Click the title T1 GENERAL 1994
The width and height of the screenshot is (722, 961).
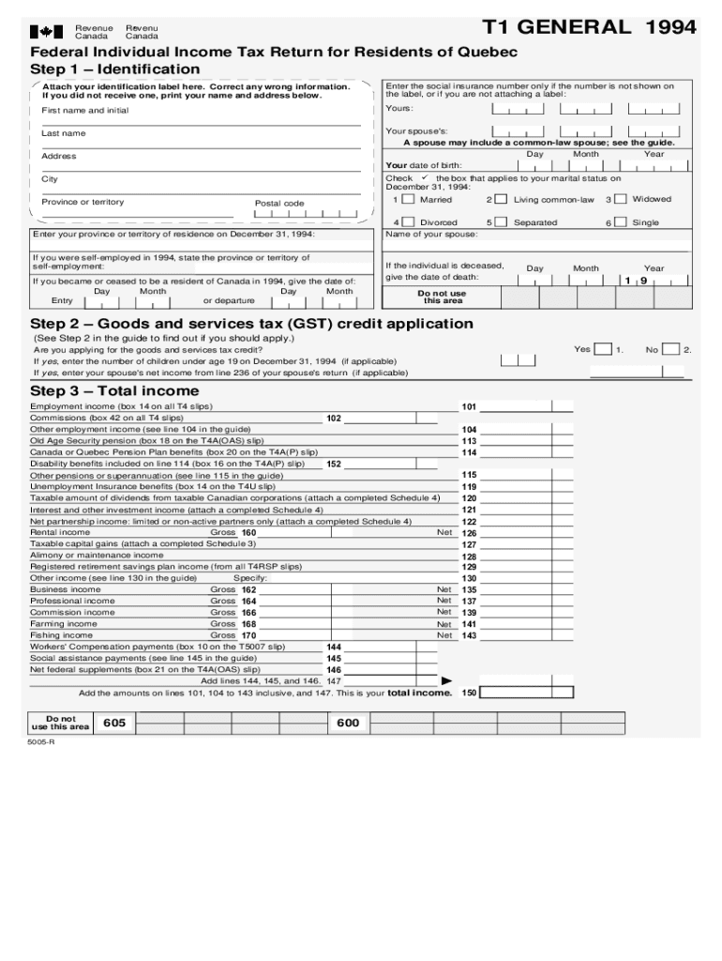click(x=589, y=27)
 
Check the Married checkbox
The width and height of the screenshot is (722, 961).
click(x=408, y=200)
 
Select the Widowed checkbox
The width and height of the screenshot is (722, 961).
click(x=621, y=200)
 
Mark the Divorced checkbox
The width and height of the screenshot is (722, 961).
click(x=408, y=222)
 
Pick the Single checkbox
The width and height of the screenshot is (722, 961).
click(x=621, y=222)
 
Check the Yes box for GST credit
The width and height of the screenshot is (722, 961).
click(x=605, y=349)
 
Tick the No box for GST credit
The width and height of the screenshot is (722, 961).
click(x=672, y=349)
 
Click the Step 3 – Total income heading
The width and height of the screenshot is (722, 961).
click(x=114, y=390)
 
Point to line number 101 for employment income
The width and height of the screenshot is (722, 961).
click(x=469, y=406)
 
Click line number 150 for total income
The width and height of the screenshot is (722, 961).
click(x=469, y=693)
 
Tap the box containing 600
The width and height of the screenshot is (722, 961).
click(x=348, y=723)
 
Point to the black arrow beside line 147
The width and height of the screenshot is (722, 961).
click(x=446, y=680)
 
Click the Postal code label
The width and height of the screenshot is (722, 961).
click(x=279, y=204)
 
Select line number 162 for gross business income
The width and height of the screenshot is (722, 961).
click(x=248, y=590)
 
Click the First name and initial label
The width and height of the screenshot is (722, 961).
click(x=85, y=111)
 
